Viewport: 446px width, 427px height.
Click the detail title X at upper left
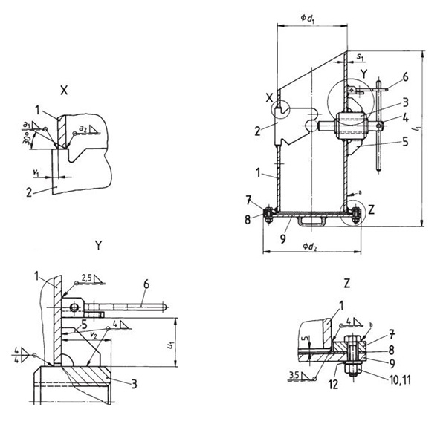(x=65, y=88)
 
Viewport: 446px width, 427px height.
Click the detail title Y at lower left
(x=100, y=244)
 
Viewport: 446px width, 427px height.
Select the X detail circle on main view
(x=282, y=109)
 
